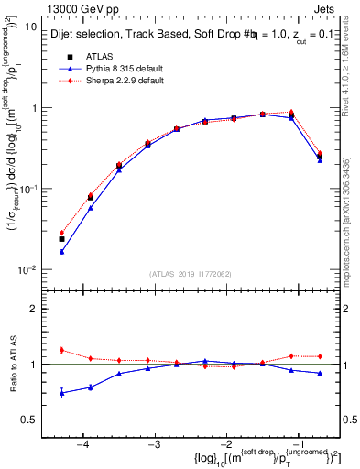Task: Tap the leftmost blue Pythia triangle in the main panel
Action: click(x=61, y=252)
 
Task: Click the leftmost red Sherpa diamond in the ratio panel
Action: click(x=61, y=350)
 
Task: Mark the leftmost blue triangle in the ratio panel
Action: click(x=61, y=393)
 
